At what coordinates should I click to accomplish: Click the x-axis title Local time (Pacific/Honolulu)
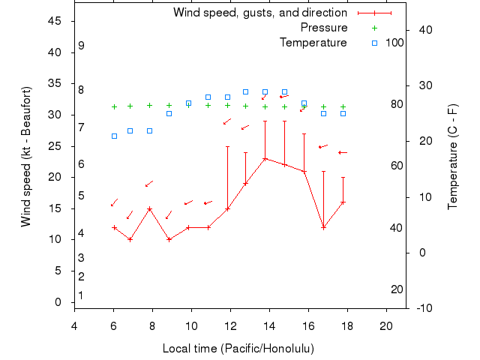coord(238,349)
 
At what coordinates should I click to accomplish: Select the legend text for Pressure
coord(324,28)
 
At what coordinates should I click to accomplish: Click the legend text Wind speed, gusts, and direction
coord(260,13)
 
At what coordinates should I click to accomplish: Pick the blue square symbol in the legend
coord(375,43)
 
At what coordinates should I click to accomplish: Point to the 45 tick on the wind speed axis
coord(54,21)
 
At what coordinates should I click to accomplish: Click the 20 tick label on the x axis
coord(386,325)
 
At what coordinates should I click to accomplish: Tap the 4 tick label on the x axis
coord(74,325)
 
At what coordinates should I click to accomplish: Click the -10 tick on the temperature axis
coord(421,307)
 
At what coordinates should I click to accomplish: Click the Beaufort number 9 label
coord(81,46)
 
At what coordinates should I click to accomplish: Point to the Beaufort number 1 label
coord(81,295)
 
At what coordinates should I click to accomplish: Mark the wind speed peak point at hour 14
coord(265,158)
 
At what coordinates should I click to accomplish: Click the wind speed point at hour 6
coord(114,227)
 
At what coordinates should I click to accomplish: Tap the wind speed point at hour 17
coord(323,227)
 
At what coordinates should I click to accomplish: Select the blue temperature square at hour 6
coord(114,136)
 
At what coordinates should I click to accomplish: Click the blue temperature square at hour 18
coord(343,113)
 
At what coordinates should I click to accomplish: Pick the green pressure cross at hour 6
coord(114,106)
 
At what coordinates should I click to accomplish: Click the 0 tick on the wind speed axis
coord(58,302)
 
